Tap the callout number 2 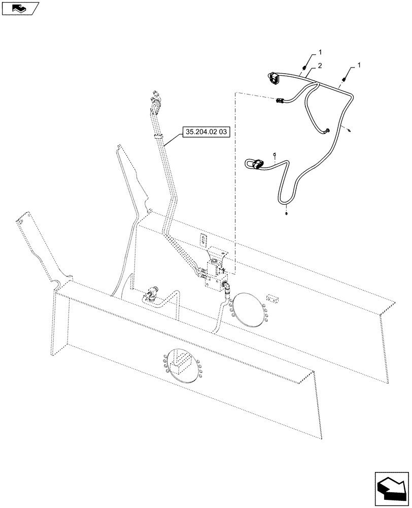320,66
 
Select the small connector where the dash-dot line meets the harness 280,101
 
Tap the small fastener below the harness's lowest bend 287,213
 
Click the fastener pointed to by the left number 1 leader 304,68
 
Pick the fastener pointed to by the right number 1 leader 345,79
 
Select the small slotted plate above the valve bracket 203,239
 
